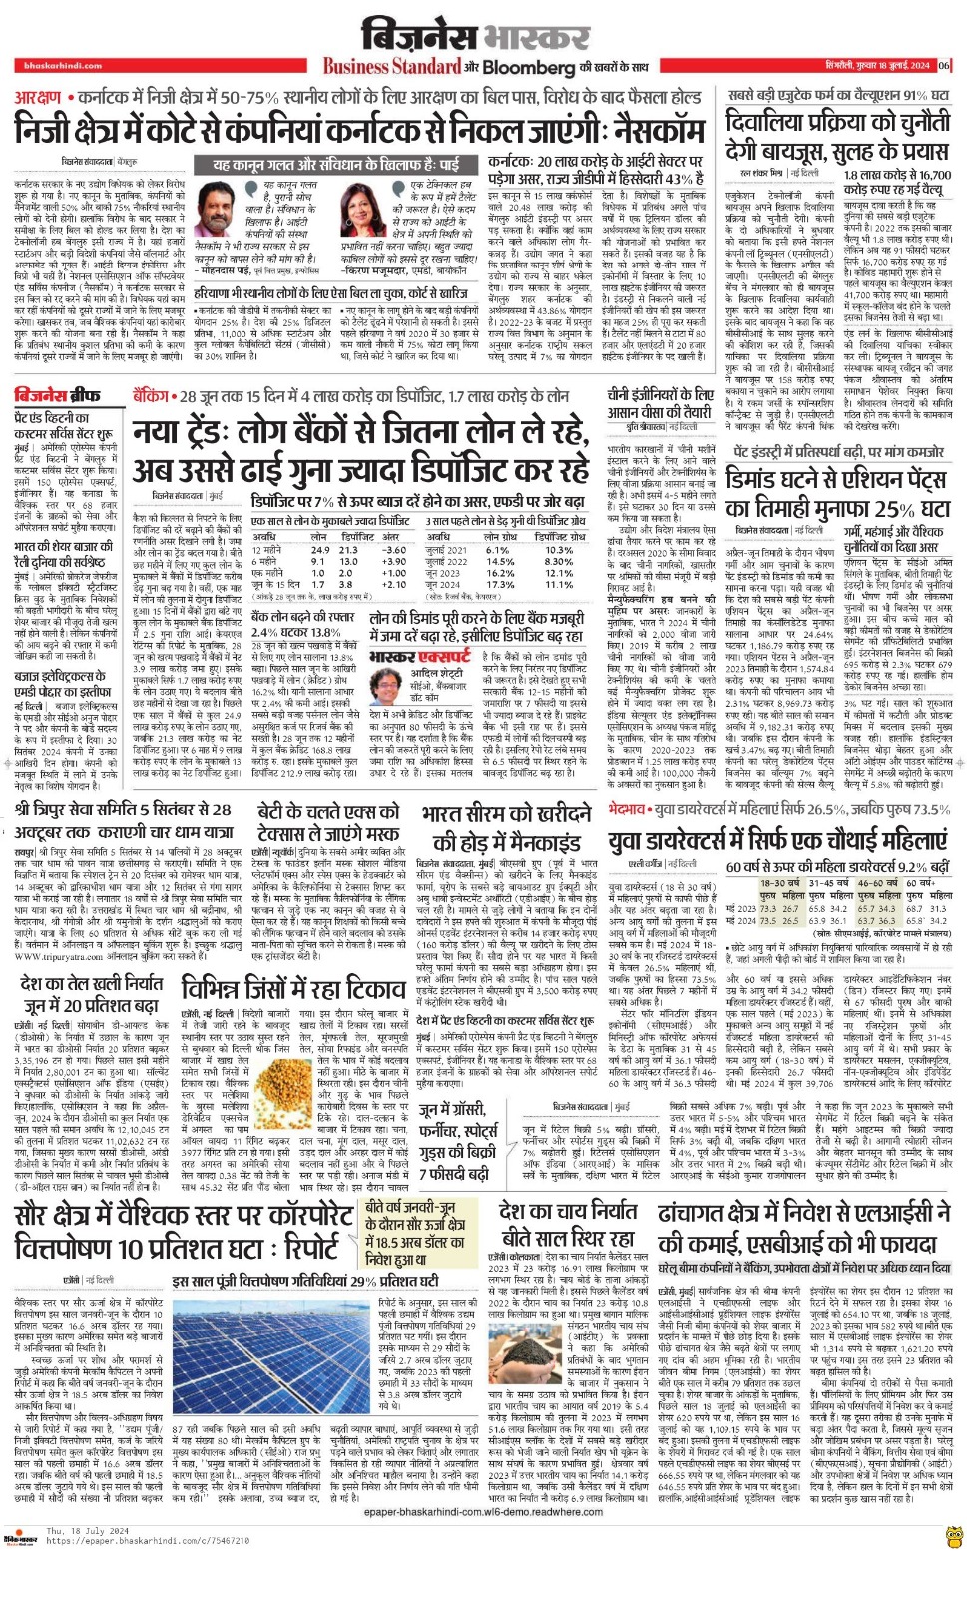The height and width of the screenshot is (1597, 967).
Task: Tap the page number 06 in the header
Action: [x=944, y=66]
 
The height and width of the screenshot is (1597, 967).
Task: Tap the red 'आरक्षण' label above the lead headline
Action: [x=38, y=98]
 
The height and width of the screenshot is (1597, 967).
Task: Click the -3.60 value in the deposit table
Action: [x=394, y=550]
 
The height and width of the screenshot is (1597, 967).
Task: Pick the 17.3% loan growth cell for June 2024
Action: [x=500, y=586]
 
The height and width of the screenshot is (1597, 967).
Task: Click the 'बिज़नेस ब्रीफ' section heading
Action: [x=56, y=395]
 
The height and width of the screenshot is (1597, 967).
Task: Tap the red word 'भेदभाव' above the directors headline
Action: [x=628, y=808]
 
